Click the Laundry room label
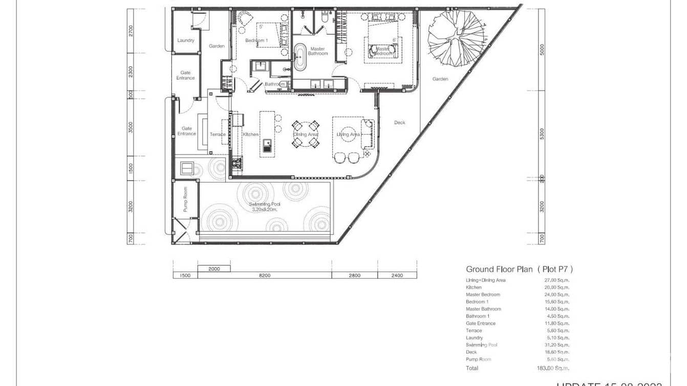pos(185,40)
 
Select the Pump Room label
pos(185,199)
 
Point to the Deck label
pos(399,122)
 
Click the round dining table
pos(306,134)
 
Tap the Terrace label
pos(218,135)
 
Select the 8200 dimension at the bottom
pos(264,275)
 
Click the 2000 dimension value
pos(214,269)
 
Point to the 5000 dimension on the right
pos(542,50)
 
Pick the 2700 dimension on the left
pos(131,32)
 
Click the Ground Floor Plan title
pos(519,269)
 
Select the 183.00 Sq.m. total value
pos(556,368)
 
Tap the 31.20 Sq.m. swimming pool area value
pos(556,345)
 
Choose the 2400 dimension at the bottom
pos(397,275)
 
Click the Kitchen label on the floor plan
pos(251,134)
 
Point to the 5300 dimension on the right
pos(542,134)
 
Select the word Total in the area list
pos(472,368)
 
